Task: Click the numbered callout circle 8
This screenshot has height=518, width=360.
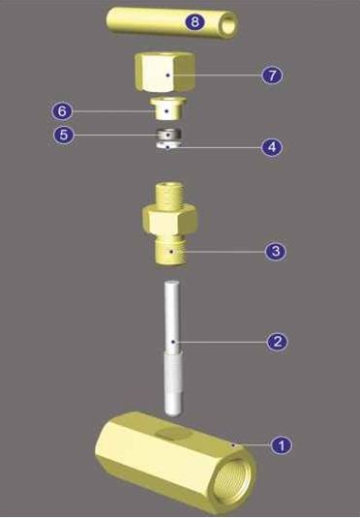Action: point(195,22)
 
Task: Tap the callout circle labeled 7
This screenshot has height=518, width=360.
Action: point(272,76)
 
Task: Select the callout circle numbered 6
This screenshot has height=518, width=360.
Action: point(62,111)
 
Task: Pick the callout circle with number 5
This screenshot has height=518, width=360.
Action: point(64,135)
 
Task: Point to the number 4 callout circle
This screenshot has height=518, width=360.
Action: point(272,147)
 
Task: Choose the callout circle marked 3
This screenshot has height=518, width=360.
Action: point(276,251)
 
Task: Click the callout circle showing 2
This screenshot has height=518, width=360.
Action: point(277,341)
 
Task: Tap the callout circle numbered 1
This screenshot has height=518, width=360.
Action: point(281,445)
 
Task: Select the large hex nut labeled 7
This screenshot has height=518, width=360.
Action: point(165,72)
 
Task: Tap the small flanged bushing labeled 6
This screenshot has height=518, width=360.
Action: point(168,108)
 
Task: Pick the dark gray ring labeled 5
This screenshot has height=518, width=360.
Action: point(168,134)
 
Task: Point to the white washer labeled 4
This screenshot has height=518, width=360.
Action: point(168,144)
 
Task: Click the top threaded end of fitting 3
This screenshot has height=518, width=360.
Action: point(168,194)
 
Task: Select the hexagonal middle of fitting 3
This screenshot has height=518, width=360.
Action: point(169,220)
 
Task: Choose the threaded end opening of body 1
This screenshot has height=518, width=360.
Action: point(233,479)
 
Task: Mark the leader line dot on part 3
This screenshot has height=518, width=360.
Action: point(171,252)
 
